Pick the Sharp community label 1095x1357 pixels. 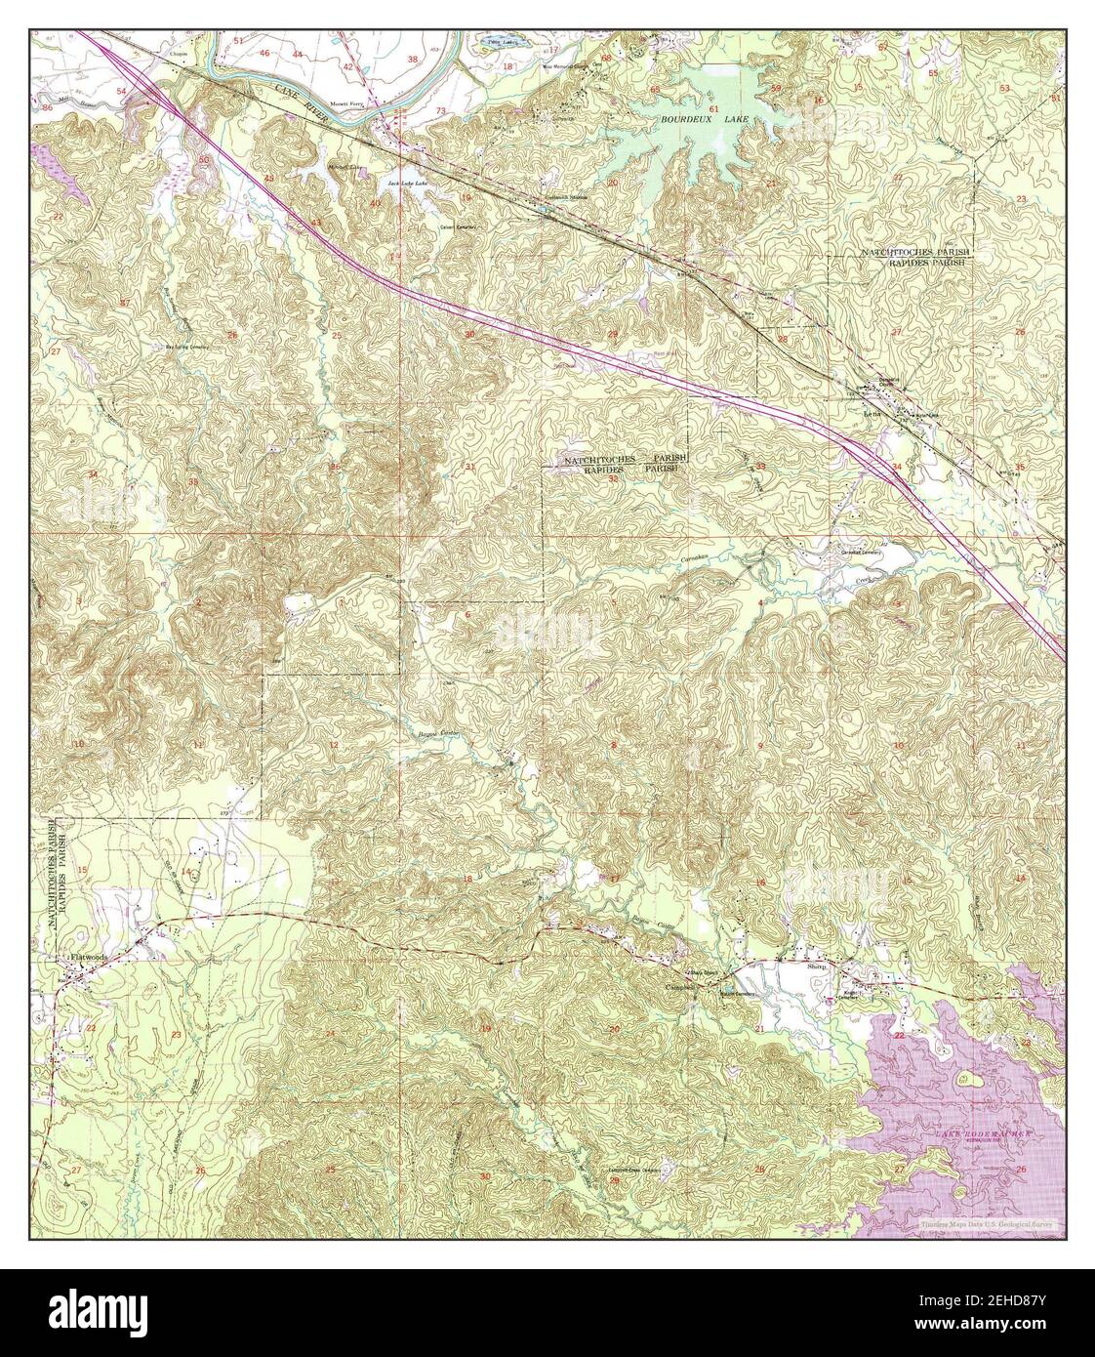pos(818,966)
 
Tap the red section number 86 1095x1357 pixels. pos(48,106)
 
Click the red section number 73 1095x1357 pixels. pos(440,110)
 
